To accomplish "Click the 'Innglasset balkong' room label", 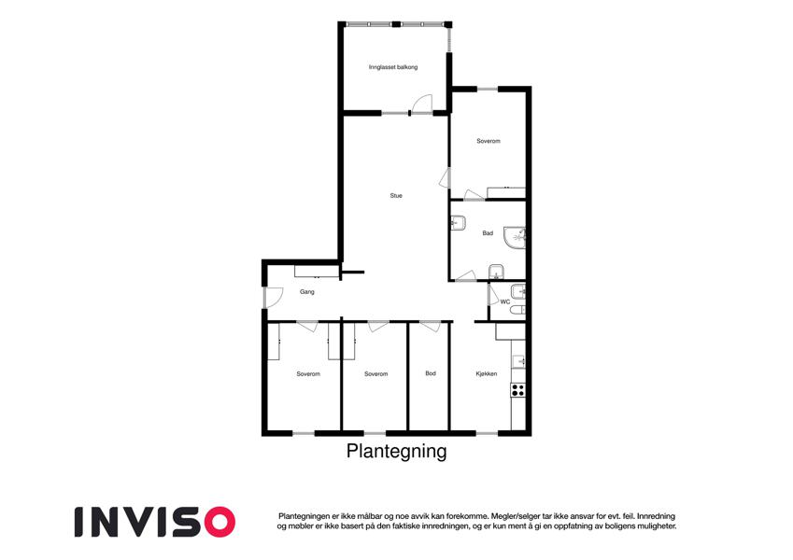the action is point(393,66).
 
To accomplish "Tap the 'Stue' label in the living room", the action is point(396,196).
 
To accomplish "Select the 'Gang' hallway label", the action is point(307,291).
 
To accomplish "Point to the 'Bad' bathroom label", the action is point(488,233).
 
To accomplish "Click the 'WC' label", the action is point(505,301).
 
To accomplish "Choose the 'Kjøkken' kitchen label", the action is point(487,374).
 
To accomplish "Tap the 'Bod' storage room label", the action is point(431,373).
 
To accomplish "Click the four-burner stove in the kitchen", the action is point(517,390).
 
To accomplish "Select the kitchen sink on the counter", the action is point(519,361).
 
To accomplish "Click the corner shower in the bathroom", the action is point(516,238).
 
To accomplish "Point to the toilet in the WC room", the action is point(517,309).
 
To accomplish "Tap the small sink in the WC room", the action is point(518,291).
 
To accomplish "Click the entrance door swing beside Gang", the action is point(274,297).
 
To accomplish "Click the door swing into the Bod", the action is point(431,327).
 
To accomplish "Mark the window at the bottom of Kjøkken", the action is point(487,433).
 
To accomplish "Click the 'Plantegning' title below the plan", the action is point(396,451).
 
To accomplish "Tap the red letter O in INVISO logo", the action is point(219,522).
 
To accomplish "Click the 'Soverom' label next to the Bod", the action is point(375,374).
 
